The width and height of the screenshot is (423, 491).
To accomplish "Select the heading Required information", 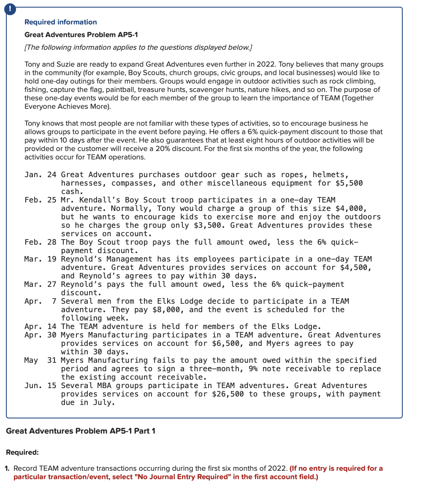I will (60, 22).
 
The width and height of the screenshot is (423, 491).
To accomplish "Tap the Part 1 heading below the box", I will (81, 431).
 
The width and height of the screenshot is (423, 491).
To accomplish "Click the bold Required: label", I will (22, 452).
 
